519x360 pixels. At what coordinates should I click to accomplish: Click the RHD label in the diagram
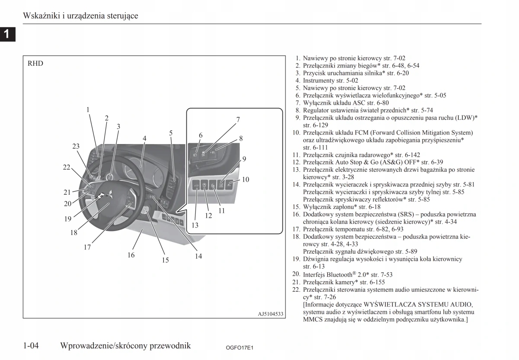pyautogui.click(x=35, y=63)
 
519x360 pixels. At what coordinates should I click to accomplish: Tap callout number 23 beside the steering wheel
pyautogui.click(x=76, y=146)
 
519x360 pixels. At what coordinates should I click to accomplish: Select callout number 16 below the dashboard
pyautogui.click(x=131, y=255)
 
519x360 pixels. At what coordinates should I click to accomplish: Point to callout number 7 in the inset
pyautogui.click(x=238, y=119)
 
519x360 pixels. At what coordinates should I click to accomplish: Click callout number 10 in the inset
pyautogui.click(x=246, y=179)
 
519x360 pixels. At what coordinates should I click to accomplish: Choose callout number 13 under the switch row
pyautogui.click(x=195, y=225)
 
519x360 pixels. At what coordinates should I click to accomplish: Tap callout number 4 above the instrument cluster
pyautogui.click(x=144, y=138)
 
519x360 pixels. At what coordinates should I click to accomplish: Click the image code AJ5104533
pyautogui.click(x=270, y=314)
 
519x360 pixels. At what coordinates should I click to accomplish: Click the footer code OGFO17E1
pyautogui.click(x=239, y=347)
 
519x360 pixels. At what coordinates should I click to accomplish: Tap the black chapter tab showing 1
pyautogui.click(x=7, y=34)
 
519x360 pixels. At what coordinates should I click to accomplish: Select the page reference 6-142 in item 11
pyautogui.click(x=411, y=154)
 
